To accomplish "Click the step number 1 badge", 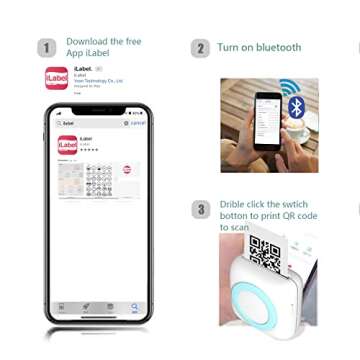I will pos(47,48).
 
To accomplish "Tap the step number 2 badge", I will pos(200,48).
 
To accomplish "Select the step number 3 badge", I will pos(200,209).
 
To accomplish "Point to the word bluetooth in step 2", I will pos(278,47).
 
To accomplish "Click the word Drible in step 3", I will pos(235,203).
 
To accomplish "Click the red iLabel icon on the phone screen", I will pos(67,146).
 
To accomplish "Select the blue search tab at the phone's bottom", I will pos(134,308).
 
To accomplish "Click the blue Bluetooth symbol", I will pos(296,107).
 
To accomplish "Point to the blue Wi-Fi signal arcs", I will pos(290,87).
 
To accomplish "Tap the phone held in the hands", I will pos(266,119).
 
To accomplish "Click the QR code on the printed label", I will pos(265,254).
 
